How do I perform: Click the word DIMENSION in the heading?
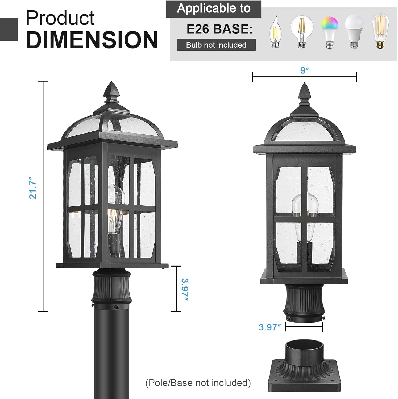point(92,40)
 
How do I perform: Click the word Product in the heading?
point(60,18)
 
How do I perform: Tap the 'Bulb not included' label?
point(216,45)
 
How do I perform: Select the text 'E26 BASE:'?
point(219,29)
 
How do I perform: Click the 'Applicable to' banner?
point(214,9)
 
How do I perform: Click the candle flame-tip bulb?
point(276,33)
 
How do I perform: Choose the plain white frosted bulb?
point(354,31)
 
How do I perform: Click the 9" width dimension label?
point(304,70)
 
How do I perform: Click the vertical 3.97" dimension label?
point(185,289)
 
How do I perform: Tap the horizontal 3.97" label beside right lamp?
point(270,327)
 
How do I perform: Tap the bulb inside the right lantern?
point(305,210)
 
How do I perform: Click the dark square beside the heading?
point(9,29)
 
